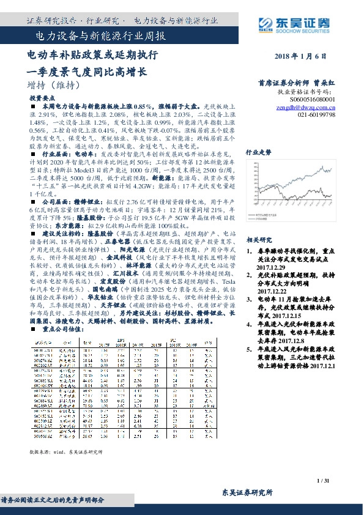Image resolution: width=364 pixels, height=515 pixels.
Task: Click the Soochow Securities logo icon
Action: point(283,24)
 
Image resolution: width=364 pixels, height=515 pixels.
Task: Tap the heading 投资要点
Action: point(41,98)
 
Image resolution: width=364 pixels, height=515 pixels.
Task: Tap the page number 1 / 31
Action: point(324,481)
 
